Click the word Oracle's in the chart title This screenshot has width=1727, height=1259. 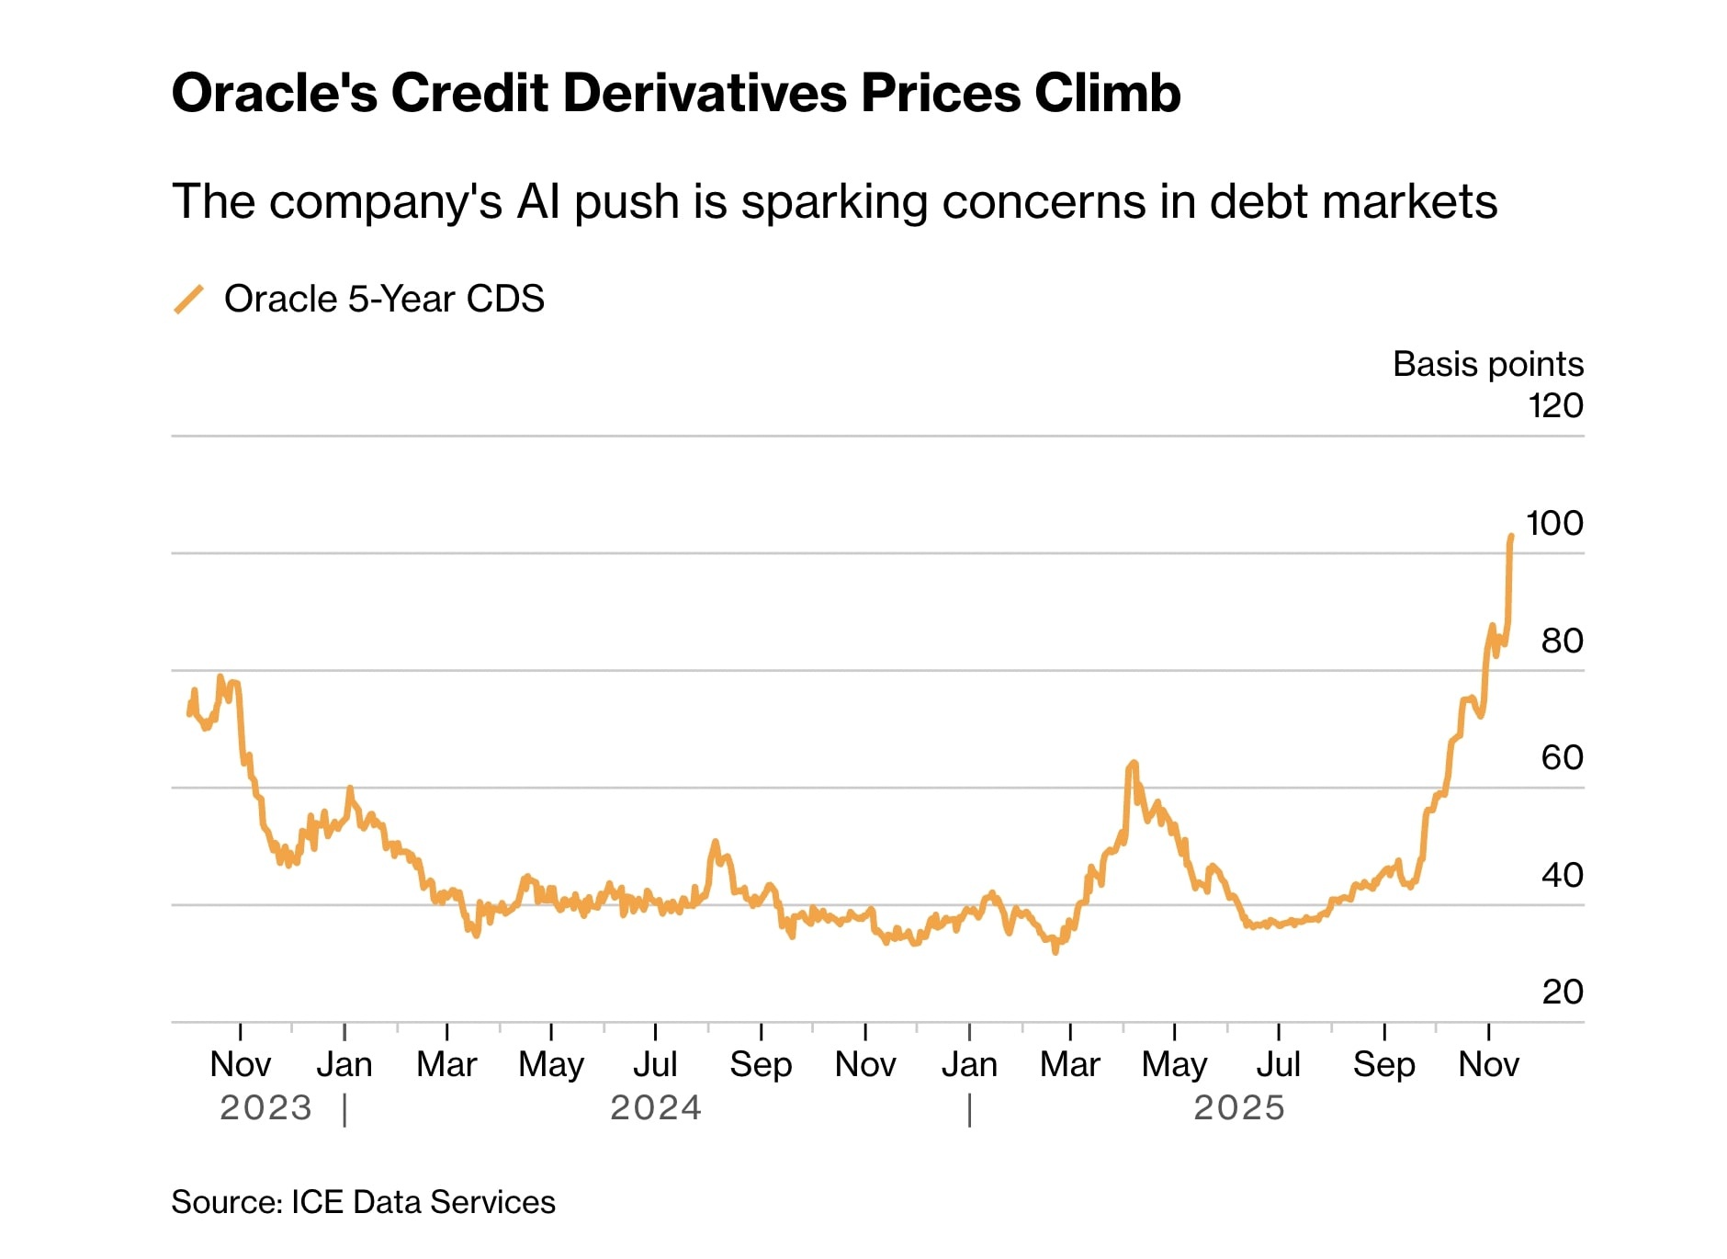[x=274, y=93]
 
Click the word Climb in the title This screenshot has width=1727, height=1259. [x=1107, y=93]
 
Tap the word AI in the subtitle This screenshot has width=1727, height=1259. [x=538, y=201]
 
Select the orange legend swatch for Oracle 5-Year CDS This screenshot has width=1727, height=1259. [x=189, y=300]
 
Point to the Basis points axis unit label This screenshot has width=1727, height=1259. [x=1487, y=364]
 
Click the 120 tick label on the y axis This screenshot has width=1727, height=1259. [x=1555, y=405]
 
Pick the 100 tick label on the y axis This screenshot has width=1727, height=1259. [x=1554, y=523]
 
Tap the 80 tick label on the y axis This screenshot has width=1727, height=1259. [x=1562, y=641]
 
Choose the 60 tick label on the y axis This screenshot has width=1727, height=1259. [x=1562, y=757]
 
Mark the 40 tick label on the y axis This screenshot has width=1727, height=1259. [x=1562, y=875]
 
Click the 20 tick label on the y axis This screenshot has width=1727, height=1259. [x=1562, y=992]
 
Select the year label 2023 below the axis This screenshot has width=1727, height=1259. [x=266, y=1107]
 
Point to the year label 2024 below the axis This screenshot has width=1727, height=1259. [x=656, y=1107]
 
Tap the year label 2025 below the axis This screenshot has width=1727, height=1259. [x=1239, y=1107]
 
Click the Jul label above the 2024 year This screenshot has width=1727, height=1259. [x=655, y=1064]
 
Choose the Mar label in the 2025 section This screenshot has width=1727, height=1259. [x=1070, y=1064]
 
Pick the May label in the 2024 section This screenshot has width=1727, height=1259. [x=551, y=1064]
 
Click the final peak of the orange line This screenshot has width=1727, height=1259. [x=1511, y=536]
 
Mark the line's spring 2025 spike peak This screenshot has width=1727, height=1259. [x=1134, y=763]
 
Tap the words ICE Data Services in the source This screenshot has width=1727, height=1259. [x=423, y=1202]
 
